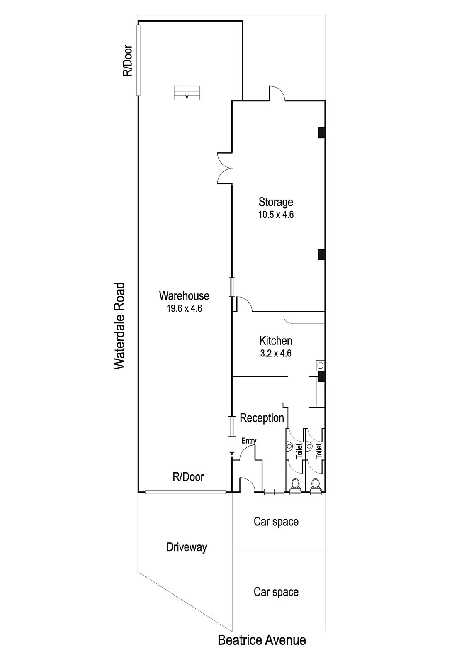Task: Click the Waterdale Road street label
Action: [x=119, y=326]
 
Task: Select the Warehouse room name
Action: [x=184, y=296]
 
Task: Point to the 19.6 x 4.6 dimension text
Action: [x=184, y=308]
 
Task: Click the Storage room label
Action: [x=276, y=202]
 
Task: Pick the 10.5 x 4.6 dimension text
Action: [x=276, y=215]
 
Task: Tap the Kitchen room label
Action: [x=276, y=341]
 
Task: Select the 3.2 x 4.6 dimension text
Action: [x=276, y=354]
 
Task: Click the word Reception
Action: [x=262, y=418]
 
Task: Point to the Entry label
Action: [x=249, y=441]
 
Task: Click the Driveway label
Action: [x=186, y=547]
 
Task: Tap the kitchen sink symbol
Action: [x=320, y=365]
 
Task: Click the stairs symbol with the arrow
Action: [x=187, y=92]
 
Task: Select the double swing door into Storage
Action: [x=224, y=167]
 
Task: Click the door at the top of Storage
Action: [x=277, y=93]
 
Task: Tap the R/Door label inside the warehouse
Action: [x=188, y=477]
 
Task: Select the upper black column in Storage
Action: [x=321, y=132]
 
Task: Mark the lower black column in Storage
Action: [x=321, y=254]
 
